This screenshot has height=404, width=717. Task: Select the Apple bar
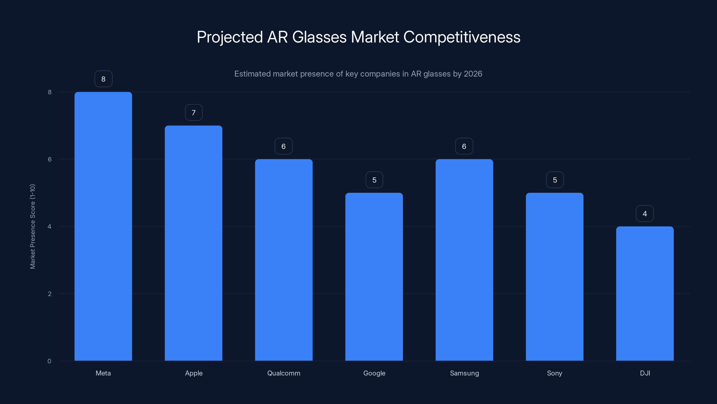coord(193,243)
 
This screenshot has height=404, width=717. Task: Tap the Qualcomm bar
coord(284,260)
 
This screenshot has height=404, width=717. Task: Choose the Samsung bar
coord(464,260)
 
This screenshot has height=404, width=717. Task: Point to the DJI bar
coord(645,293)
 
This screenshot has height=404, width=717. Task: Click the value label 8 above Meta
coord(103,79)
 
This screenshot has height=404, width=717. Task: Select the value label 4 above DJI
coord(645,214)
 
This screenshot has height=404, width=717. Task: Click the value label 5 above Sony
coord(555,180)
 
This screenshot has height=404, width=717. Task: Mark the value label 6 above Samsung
coord(464,146)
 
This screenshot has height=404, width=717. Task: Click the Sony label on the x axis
coord(555,373)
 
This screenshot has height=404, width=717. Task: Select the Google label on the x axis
coord(374,373)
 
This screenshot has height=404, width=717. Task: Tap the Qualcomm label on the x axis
coord(284,373)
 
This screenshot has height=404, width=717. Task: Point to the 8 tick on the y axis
coord(50,92)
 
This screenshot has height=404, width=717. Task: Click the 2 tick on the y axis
coord(50,294)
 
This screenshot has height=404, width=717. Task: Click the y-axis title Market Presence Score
coord(32,226)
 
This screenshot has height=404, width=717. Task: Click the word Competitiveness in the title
coord(462,37)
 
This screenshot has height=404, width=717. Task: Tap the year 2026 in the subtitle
coord(473,74)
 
